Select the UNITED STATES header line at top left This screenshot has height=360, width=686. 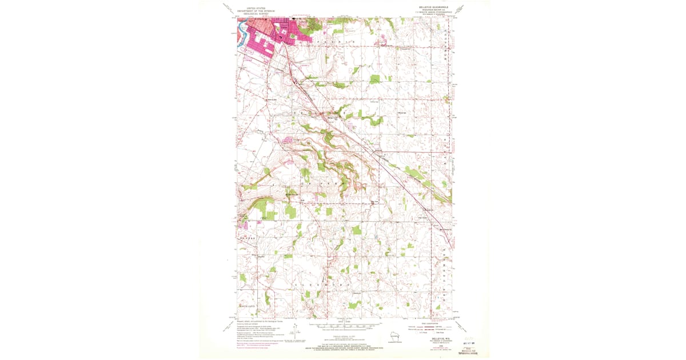click(256, 9)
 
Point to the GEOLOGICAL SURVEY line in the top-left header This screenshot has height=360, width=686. click(256, 14)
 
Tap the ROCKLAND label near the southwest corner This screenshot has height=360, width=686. click(247, 307)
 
